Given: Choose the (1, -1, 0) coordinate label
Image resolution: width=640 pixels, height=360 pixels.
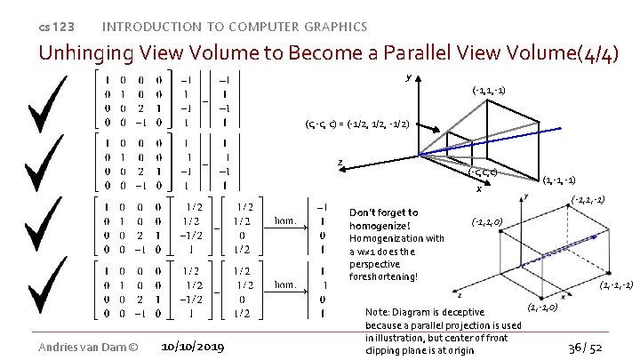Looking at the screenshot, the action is click(542, 308).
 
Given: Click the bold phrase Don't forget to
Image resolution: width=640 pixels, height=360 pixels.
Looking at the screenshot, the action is click(384, 213).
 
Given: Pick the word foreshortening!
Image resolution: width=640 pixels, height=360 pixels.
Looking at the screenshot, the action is click(383, 276).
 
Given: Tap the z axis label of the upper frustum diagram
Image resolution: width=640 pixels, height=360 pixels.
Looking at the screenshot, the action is click(340, 162).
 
